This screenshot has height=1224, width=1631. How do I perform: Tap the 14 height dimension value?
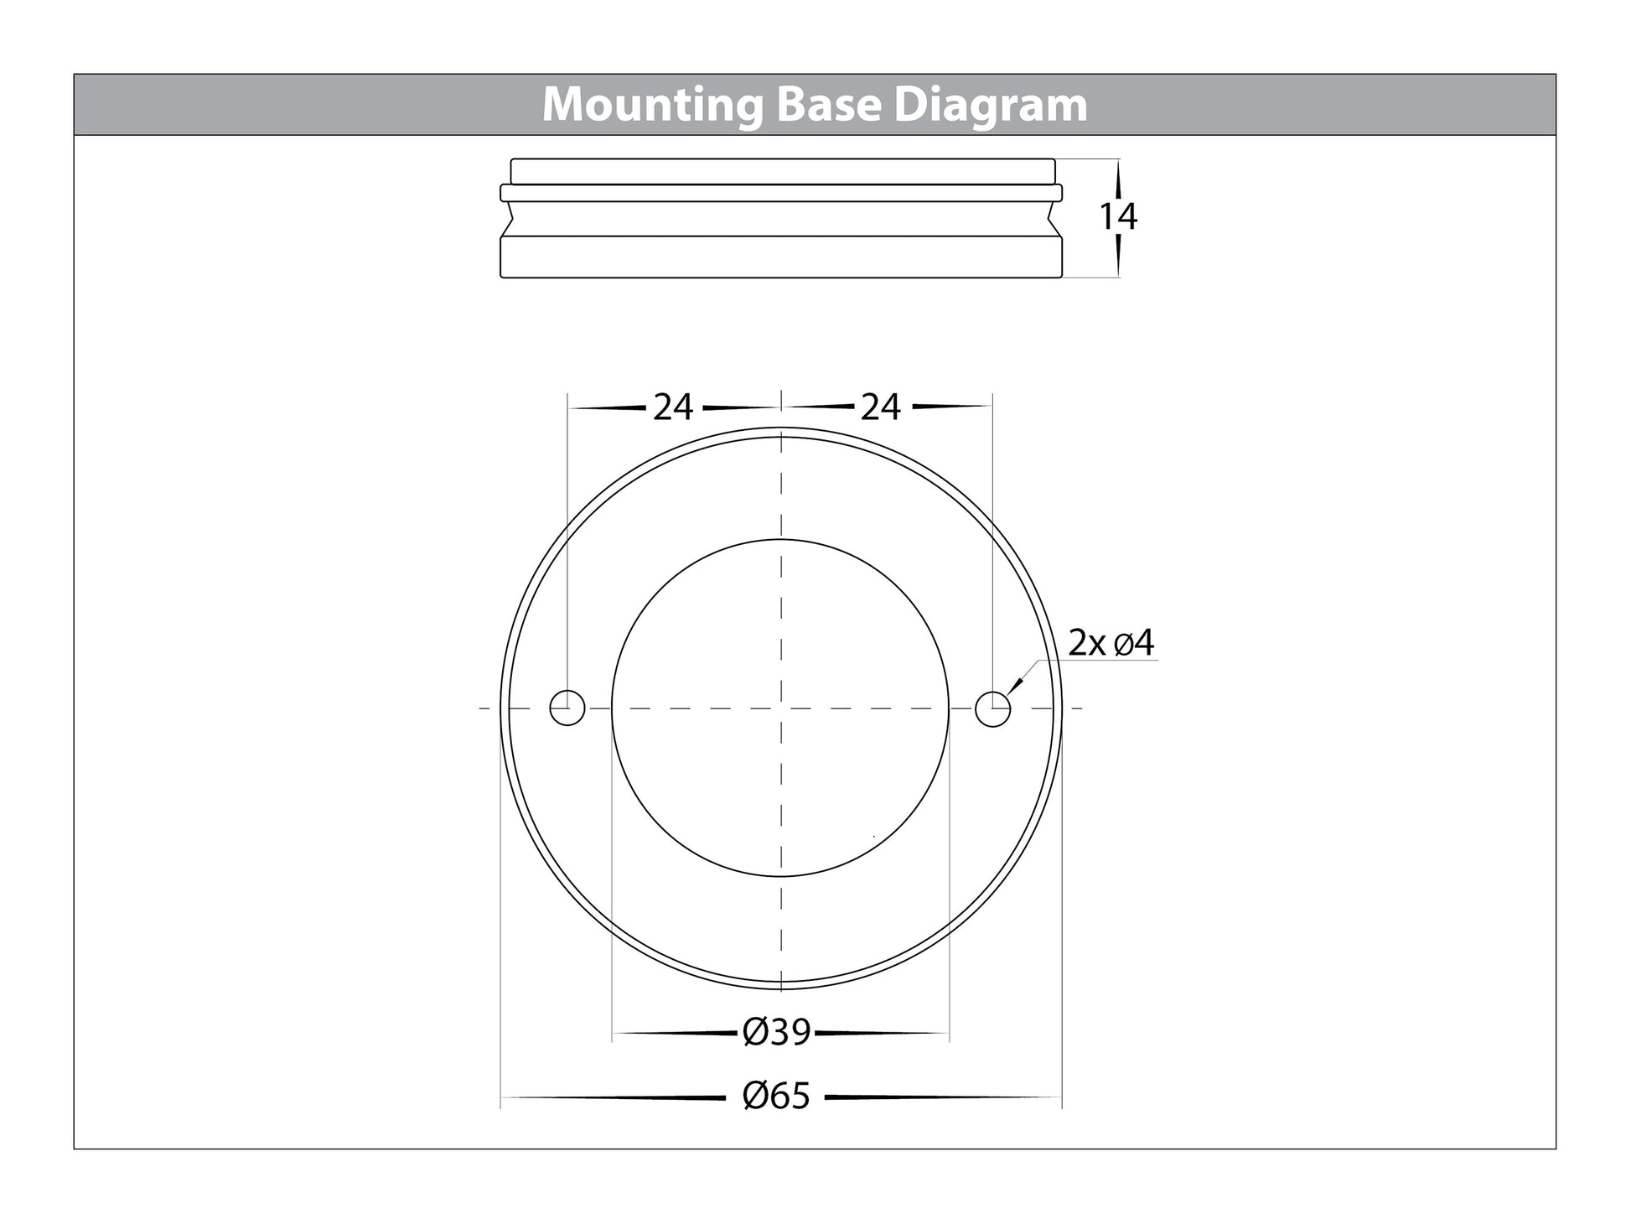point(1118,217)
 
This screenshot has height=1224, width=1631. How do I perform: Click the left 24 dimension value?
point(673,407)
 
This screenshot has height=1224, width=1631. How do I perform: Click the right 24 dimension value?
point(881,407)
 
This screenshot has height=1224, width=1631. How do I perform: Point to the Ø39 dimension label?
point(777,1032)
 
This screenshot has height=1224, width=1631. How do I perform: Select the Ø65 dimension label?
point(777,1096)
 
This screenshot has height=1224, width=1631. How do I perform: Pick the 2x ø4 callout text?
point(1111,643)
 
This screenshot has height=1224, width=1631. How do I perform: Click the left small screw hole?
point(567,708)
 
